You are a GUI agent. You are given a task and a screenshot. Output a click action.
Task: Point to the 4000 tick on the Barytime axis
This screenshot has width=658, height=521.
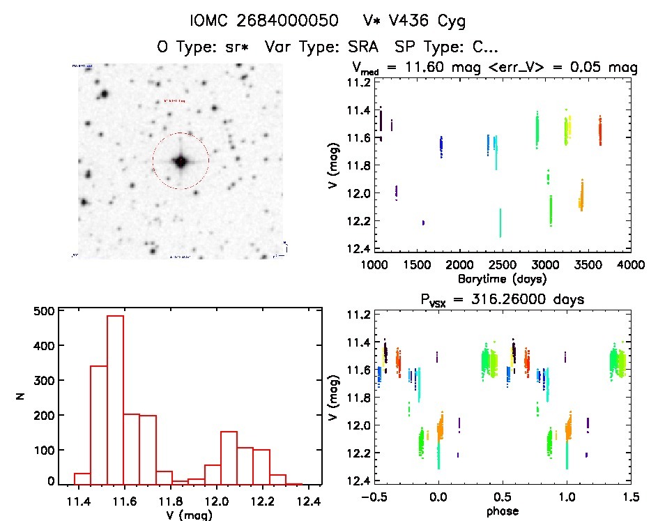pos(631,266)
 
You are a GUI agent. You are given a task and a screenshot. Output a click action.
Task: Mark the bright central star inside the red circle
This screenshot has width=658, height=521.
pos(181,161)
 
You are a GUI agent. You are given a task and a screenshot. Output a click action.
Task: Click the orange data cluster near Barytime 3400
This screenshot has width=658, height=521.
pos(581,196)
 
